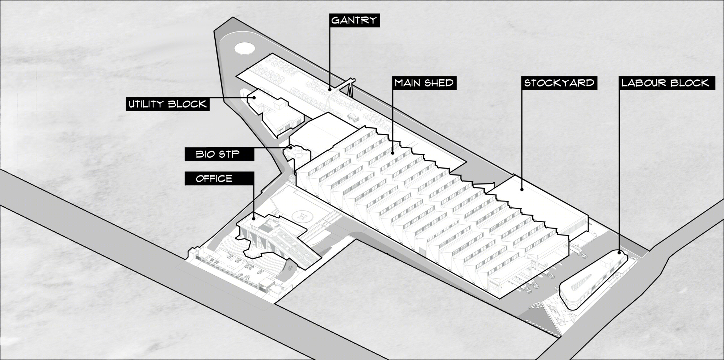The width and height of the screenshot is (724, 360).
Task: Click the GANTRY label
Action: click(x=354, y=20)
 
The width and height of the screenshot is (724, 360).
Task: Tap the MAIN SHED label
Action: click(x=424, y=83)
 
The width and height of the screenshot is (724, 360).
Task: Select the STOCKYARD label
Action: click(x=559, y=83)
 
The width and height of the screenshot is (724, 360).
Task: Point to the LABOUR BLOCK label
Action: click(x=665, y=83)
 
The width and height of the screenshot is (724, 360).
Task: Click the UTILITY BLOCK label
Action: click(x=168, y=104)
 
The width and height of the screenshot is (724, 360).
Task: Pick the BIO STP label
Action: click(x=219, y=154)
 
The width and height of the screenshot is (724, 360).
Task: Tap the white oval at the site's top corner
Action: click(x=244, y=48)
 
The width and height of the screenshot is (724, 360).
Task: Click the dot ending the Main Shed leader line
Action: click(x=393, y=153)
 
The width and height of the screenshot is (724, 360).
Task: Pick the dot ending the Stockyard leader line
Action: click(x=522, y=189)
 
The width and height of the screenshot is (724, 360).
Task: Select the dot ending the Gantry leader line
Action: click(x=330, y=89)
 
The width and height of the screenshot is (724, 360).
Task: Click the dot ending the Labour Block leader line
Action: click(x=619, y=253)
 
